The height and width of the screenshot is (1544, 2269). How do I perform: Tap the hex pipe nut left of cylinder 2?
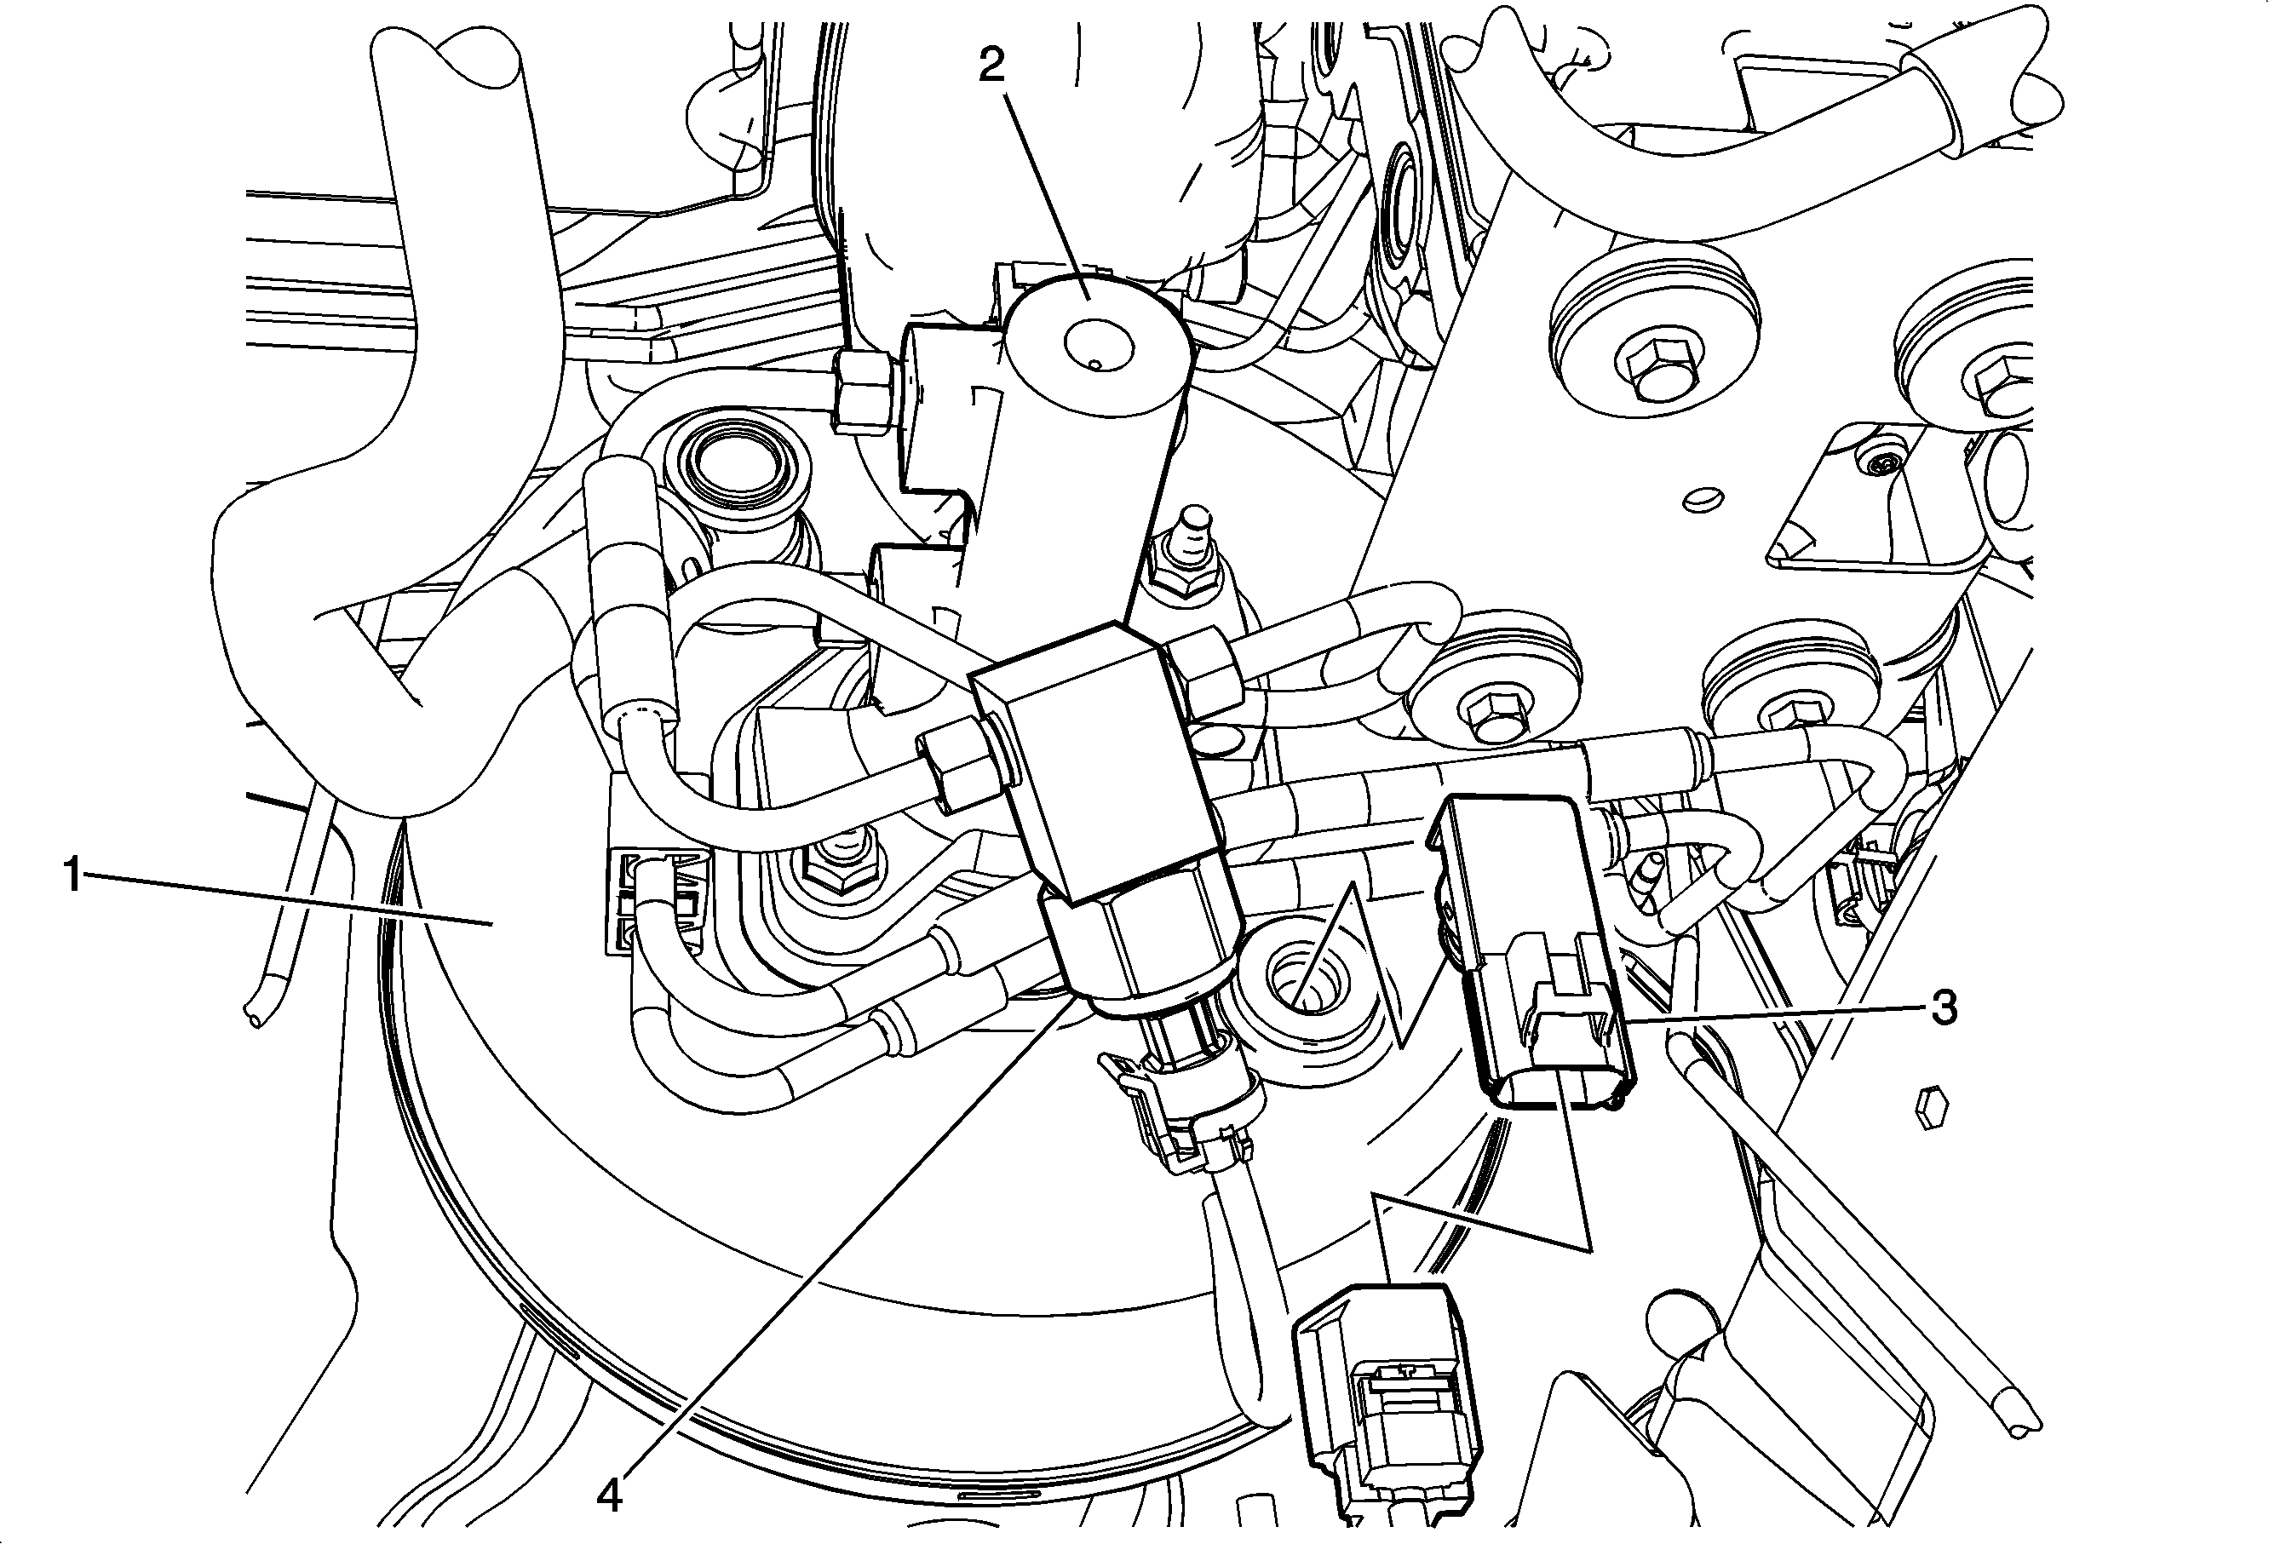(864, 393)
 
